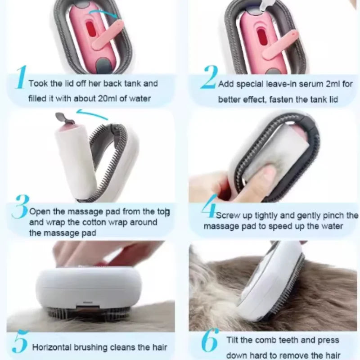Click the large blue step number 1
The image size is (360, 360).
tap(22, 77)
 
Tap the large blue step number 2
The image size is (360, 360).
tap(209, 77)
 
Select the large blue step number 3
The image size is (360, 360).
tap(21, 207)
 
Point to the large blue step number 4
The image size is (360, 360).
tap(209, 206)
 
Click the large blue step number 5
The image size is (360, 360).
tap(20, 341)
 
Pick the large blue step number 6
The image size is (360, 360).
tap(210, 340)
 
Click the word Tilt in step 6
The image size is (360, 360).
tap(232, 340)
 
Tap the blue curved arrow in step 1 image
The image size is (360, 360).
tap(103, 12)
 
